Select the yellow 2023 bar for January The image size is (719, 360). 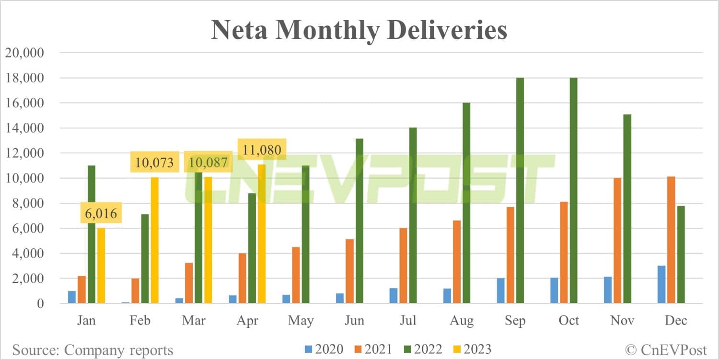(101, 266)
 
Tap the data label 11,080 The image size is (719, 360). (262, 149)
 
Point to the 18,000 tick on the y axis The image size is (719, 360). (24, 78)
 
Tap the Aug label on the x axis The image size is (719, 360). (462, 320)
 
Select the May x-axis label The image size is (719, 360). (301, 320)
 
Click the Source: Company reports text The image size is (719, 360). (93, 349)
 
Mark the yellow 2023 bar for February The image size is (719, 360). (154, 240)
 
